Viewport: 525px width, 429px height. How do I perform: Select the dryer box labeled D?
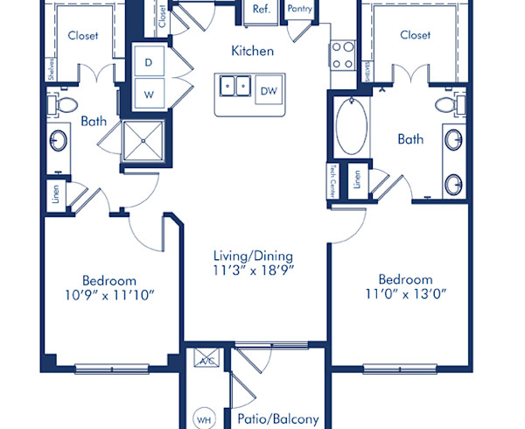tap(148, 62)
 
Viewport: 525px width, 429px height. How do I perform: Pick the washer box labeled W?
tap(148, 92)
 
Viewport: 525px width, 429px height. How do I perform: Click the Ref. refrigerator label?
tap(261, 9)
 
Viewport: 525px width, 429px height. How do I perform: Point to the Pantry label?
tap(300, 9)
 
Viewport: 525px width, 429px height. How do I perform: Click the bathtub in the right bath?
tap(351, 127)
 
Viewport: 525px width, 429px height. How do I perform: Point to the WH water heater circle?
tap(204, 419)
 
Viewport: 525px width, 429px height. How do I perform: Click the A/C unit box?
tap(207, 361)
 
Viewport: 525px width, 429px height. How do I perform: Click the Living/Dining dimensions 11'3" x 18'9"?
tap(253, 271)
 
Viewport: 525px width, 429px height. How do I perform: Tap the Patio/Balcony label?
tap(277, 418)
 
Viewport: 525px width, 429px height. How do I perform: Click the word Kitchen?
tap(252, 51)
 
